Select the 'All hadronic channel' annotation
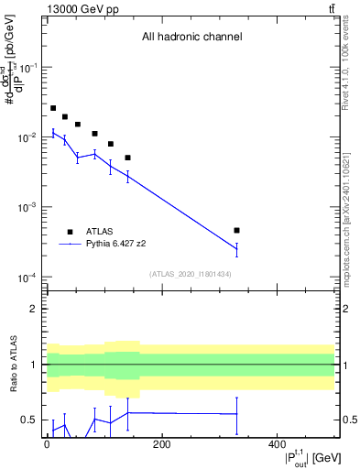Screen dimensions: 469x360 [x=191, y=38]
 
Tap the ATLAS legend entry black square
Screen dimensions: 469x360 [x=70, y=232]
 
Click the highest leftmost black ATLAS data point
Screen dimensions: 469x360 [x=53, y=108]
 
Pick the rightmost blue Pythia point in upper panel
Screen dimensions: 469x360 [x=236, y=248]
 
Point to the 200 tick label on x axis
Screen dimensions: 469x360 [x=161, y=445]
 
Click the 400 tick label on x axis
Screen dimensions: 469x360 [x=277, y=445]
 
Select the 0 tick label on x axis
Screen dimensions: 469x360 [x=47, y=445]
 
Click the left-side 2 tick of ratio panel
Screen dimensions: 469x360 [x=35, y=309]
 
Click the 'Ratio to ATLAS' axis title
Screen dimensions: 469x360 [x=13, y=365]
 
